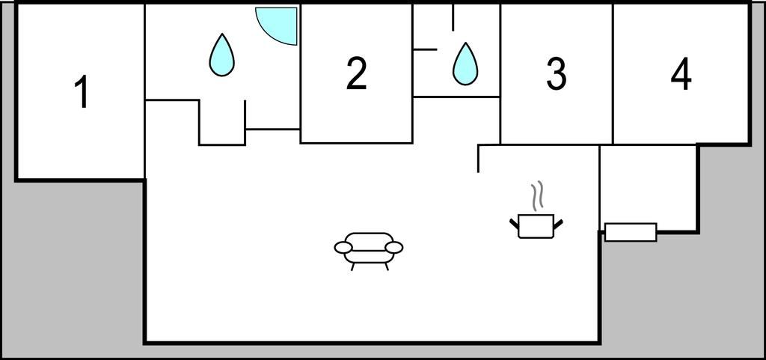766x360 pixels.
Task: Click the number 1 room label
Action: pyautogui.click(x=83, y=93)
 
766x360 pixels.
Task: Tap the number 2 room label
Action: pyautogui.click(x=357, y=73)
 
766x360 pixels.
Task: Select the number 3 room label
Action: pyautogui.click(x=557, y=74)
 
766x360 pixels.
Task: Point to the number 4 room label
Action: pyautogui.click(x=681, y=74)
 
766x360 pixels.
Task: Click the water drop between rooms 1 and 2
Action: pyautogui.click(x=221, y=55)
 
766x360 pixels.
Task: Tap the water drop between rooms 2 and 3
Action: pyautogui.click(x=465, y=64)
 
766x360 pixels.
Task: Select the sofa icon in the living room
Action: pyautogui.click(x=369, y=251)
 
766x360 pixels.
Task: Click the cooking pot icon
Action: pyautogui.click(x=536, y=226)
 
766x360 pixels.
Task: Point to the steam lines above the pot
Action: pyautogui.click(x=537, y=195)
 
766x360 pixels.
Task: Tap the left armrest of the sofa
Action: pyautogui.click(x=343, y=248)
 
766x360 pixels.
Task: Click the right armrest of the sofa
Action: pyautogui.click(x=394, y=248)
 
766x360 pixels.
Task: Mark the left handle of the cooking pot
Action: pyautogui.click(x=513, y=224)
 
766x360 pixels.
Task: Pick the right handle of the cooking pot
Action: pyautogui.click(x=558, y=224)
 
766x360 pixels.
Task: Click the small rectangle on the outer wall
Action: pyautogui.click(x=631, y=232)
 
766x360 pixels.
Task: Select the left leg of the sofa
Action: pyautogui.click(x=353, y=266)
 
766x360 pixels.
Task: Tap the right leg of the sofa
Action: pyautogui.click(x=387, y=266)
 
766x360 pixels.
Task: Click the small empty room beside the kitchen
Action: pyautogui.click(x=648, y=185)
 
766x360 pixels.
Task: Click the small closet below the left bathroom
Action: pyautogui.click(x=221, y=122)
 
